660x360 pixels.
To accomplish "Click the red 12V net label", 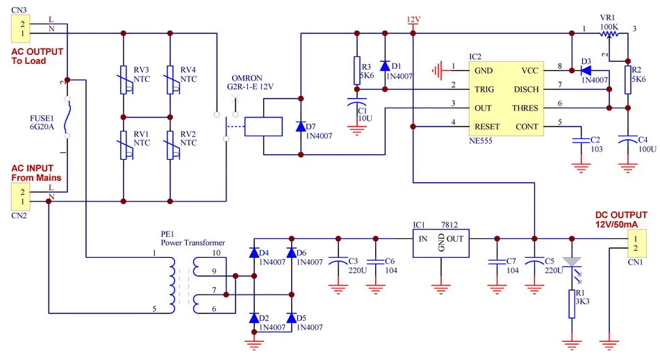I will pos(414,19).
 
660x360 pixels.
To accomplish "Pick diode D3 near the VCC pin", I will pos(585,69).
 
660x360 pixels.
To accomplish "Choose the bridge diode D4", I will pos(254,252).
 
